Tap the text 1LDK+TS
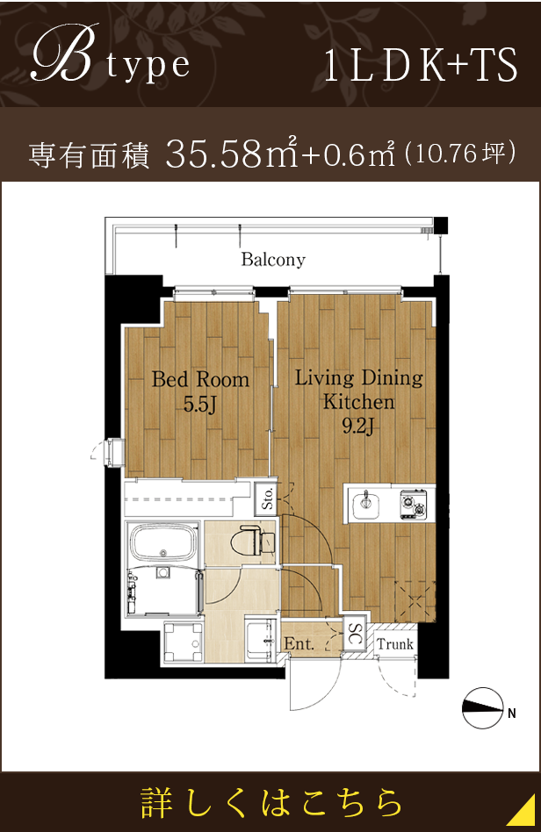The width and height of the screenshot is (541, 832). click(x=421, y=67)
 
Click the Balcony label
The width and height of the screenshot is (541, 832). click(x=273, y=260)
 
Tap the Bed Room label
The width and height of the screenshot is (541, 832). click(x=200, y=380)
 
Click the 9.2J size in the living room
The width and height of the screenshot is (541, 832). click(x=357, y=427)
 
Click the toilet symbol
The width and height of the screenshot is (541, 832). click(x=249, y=541)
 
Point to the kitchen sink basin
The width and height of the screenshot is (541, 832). click(x=364, y=506)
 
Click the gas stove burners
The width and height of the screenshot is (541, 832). click(x=412, y=505)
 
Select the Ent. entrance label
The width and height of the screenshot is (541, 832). click(x=299, y=644)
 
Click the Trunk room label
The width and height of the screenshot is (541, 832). click(x=394, y=644)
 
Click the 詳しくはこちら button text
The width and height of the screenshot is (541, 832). click(x=271, y=802)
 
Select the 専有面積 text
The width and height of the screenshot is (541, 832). click(x=91, y=155)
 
